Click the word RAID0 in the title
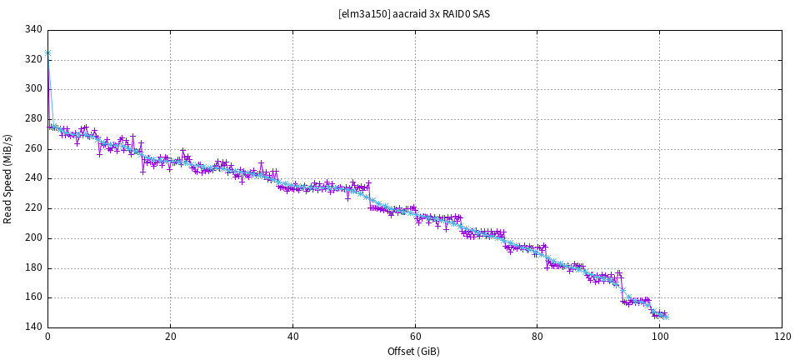[457, 14]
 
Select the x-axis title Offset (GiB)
[413, 351]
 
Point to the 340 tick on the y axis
[33, 29]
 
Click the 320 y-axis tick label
[33, 59]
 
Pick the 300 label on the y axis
[33, 89]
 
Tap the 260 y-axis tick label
[33, 149]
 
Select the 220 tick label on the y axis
[33, 208]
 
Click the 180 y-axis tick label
[33, 268]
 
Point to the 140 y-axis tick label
[33, 327]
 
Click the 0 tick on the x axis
[47, 337]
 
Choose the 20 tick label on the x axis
[170, 337]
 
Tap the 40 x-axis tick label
[292, 337]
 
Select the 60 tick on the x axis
[414, 337]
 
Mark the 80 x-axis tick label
[537, 337]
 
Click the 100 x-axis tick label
[659, 337]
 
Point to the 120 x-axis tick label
[782, 337]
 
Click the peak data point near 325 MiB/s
[47, 52]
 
